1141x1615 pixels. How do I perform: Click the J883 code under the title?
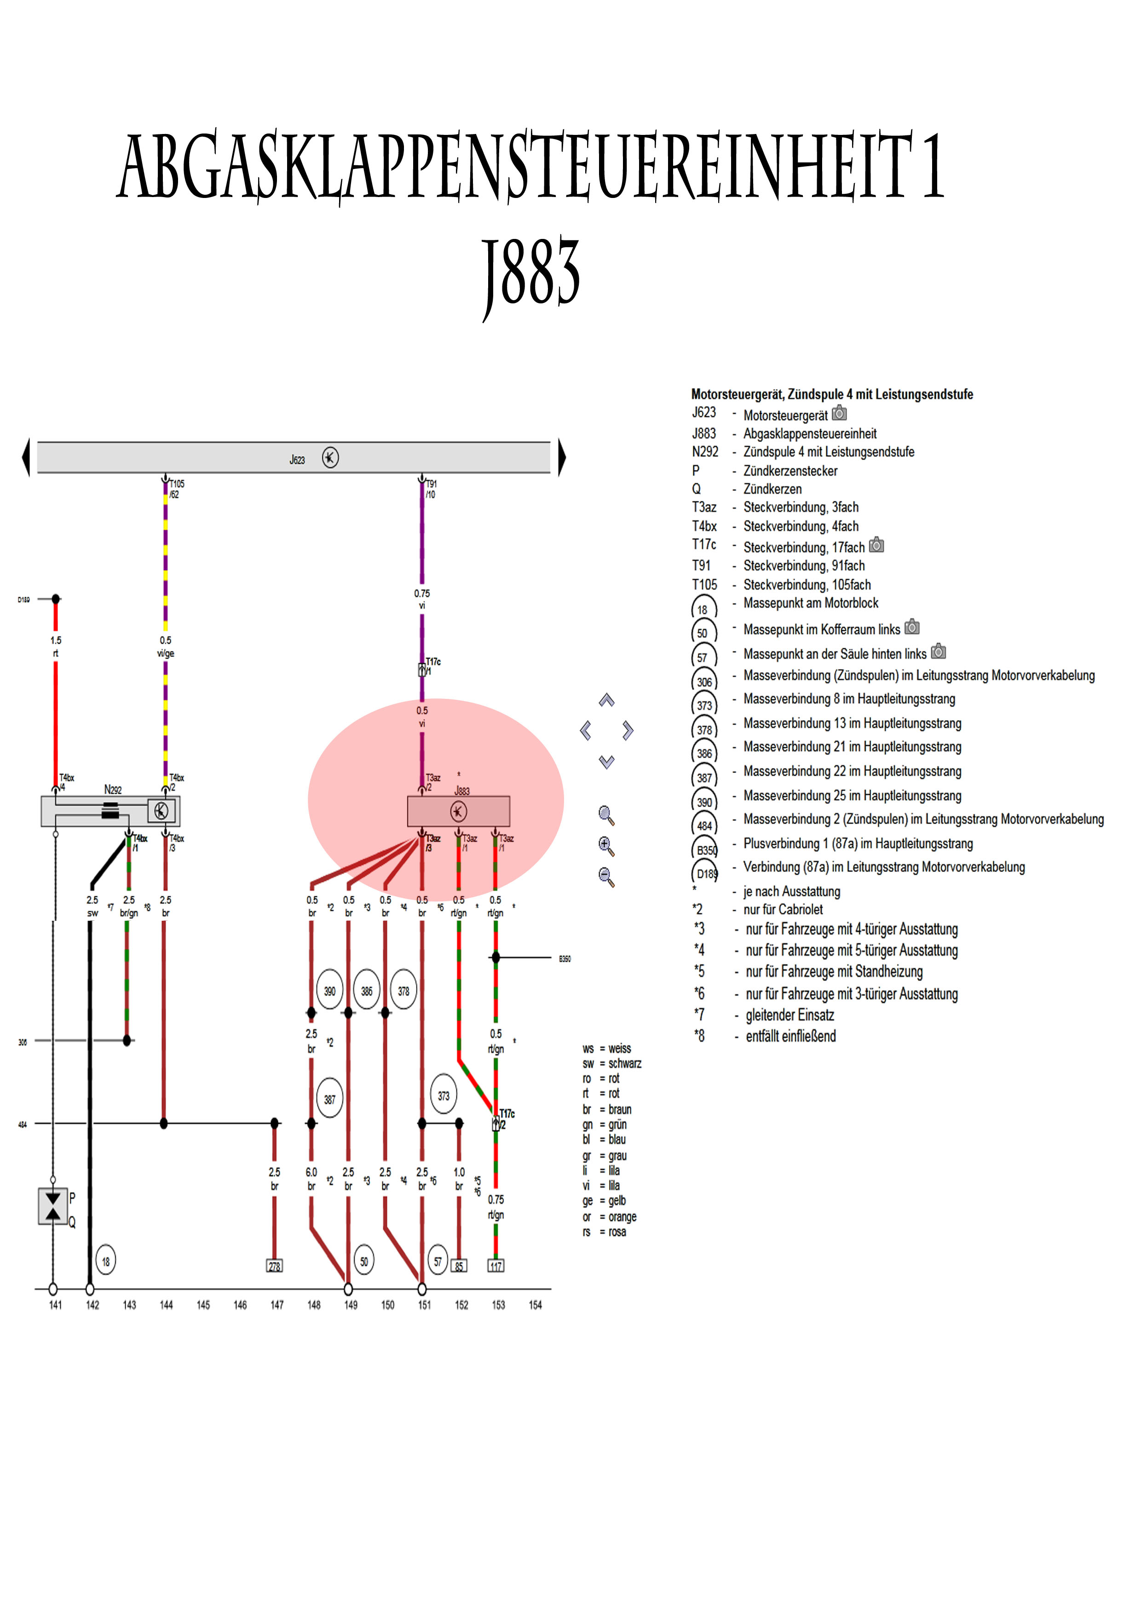click(531, 274)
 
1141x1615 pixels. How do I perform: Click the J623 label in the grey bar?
click(297, 459)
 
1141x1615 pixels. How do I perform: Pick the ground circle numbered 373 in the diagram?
click(444, 1095)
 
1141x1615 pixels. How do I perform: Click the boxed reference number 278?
click(274, 1266)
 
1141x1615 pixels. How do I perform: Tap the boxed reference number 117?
click(496, 1266)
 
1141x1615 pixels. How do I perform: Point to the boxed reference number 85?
click(459, 1266)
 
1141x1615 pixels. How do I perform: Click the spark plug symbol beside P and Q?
click(53, 1206)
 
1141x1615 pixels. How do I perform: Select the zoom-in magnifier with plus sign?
click(606, 846)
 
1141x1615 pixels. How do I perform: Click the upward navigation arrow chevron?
click(607, 700)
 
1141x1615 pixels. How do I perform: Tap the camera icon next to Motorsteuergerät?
click(839, 413)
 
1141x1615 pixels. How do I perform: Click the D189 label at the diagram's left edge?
click(24, 599)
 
